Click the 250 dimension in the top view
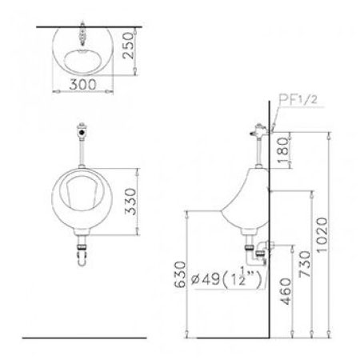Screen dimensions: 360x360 (x=129, y=46)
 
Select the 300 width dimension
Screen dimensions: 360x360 (x=82, y=85)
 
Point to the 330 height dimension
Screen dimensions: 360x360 (x=130, y=202)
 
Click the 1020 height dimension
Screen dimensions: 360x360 (x=322, y=234)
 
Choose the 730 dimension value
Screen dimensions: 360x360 (x=305, y=264)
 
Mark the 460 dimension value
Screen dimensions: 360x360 (x=286, y=291)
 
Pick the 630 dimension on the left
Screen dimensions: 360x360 (x=180, y=274)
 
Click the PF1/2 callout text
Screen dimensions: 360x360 (x=298, y=100)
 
